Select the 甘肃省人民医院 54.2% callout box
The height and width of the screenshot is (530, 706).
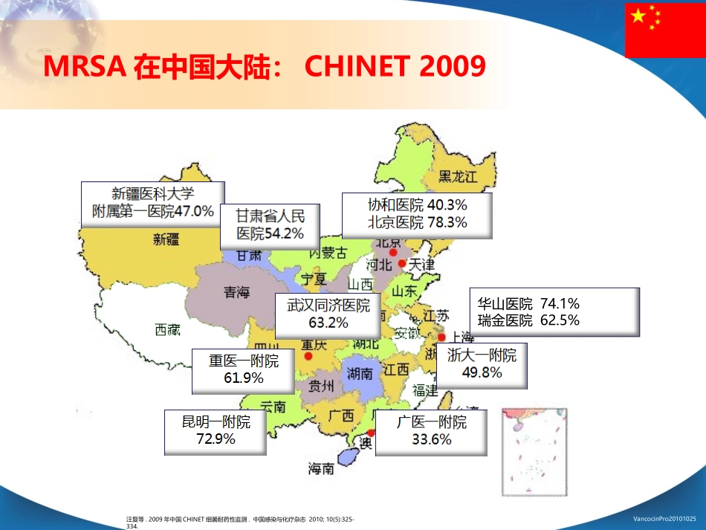[271, 224]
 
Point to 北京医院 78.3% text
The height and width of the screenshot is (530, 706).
[417, 222]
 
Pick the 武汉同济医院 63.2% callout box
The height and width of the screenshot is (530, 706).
[328, 314]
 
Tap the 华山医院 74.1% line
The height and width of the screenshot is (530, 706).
[528, 304]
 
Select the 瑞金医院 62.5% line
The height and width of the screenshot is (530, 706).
[528, 321]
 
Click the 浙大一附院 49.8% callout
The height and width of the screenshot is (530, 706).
[482, 364]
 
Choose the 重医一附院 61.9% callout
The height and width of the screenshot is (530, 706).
[243, 370]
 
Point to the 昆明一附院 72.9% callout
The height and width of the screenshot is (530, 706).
[216, 430]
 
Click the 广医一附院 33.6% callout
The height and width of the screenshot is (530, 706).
[431, 431]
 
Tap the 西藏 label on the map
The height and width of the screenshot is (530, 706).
[167, 330]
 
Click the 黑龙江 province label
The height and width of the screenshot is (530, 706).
[456, 176]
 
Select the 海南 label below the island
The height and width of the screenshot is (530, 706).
[321, 469]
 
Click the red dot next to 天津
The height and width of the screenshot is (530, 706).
[402, 263]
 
